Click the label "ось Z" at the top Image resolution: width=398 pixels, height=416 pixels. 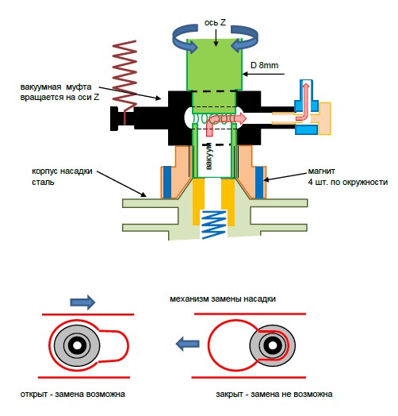(215, 23)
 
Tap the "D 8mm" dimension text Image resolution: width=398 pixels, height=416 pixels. (265, 65)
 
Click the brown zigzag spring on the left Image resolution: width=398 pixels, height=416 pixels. (124, 79)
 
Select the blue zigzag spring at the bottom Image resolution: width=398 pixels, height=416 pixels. (213, 225)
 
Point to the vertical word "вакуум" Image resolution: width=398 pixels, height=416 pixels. (209, 156)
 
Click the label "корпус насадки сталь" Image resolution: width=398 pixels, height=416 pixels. (62, 176)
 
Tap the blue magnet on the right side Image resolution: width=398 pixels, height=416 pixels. (259, 183)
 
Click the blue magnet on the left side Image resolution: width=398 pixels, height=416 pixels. (167, 183)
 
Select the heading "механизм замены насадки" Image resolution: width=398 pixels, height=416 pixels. (223, 299)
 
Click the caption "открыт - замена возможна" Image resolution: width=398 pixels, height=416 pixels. (73, 394)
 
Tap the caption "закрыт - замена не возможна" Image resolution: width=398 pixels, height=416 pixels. (274, 394)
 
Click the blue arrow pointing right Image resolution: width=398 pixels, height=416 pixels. (82, 302)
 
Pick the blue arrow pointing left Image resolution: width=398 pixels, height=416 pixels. (188, 344)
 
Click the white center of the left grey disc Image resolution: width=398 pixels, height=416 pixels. (77, 345)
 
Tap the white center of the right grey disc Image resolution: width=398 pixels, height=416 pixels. (272, 345)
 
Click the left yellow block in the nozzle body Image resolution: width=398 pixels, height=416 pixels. (198, 201)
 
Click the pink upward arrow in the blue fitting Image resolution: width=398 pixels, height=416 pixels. (304, 102)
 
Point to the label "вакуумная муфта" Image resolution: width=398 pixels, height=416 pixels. (56, 87)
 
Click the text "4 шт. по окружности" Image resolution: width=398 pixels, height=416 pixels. (347, 183)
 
